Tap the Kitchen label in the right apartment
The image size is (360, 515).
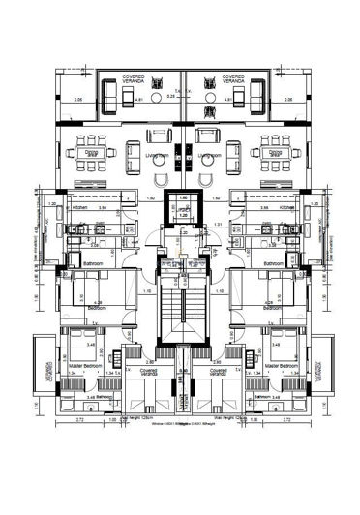(286, 207)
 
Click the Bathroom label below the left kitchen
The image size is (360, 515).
(94, 262)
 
